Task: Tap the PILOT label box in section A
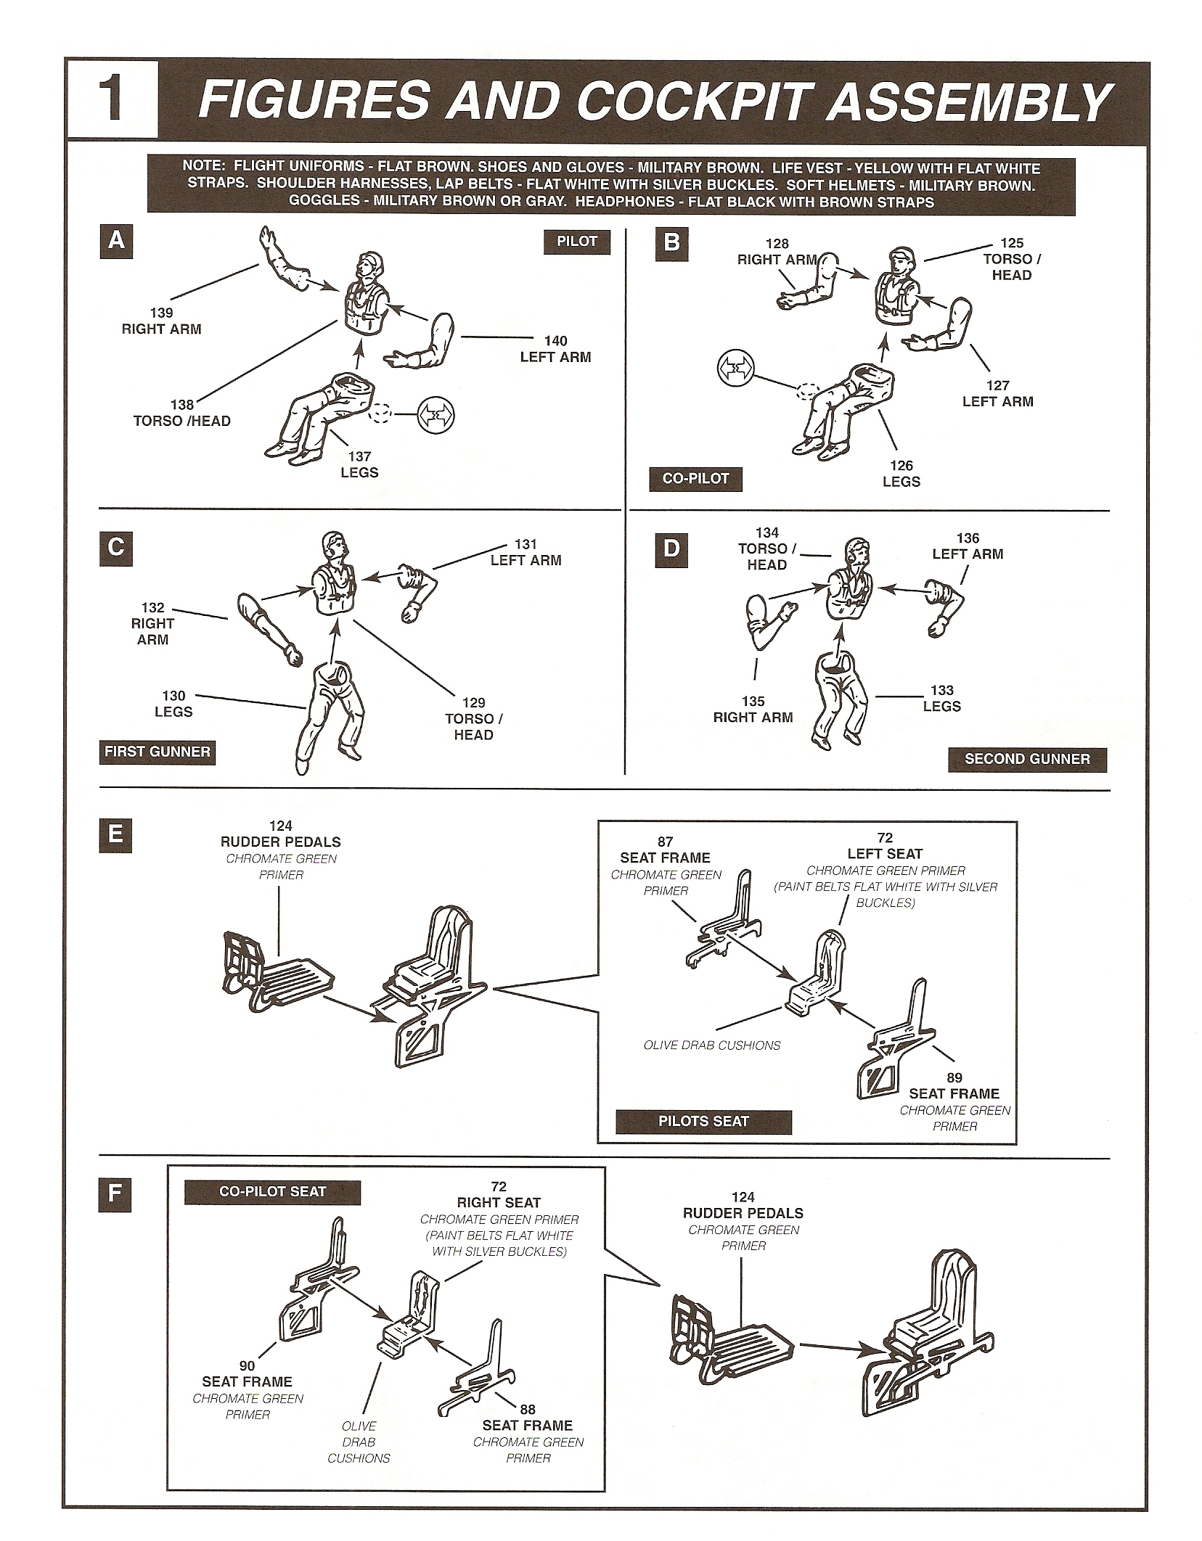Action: pos(576,242)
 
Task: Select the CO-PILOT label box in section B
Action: pos(695,479)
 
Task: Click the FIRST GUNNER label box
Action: pos(158,752)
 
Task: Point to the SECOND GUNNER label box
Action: pos(1026,759)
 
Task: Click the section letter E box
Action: pos(115,834)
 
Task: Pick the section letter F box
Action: pos(115,1195)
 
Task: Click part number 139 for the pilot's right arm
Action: pos(161,313)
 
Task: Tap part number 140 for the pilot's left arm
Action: pos(555,341)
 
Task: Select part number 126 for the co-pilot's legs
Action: pos(901,466)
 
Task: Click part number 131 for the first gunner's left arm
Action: pos(526,544)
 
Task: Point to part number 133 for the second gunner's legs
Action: pos(942,690)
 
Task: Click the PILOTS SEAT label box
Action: pos(703,1121)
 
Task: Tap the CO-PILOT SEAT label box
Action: pos(272,1191)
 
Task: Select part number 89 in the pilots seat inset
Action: pos(954,1078)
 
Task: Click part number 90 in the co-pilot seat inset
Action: pos(247,1366)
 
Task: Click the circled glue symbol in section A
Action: pos(436,416)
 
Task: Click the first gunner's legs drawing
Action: pos(330,711)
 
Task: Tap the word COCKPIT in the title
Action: pos(698,100)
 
